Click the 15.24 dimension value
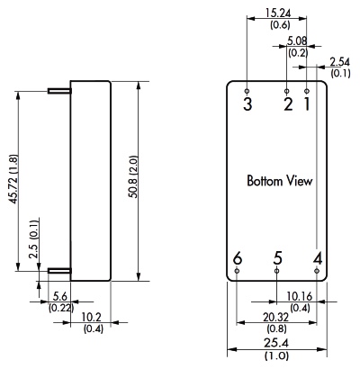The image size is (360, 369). pos(278,13)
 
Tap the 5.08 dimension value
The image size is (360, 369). pos(297,40)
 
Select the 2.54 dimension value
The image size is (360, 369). pos(340,62)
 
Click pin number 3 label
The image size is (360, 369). pos(247,104)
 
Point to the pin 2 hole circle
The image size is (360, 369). pos(287,91)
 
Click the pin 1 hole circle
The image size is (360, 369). pos(307,91)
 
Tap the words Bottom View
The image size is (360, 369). pos(280,181)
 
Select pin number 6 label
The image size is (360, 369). pos(238,258)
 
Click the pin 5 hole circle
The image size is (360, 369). pos(276,271)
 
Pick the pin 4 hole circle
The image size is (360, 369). pos(317,271)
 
